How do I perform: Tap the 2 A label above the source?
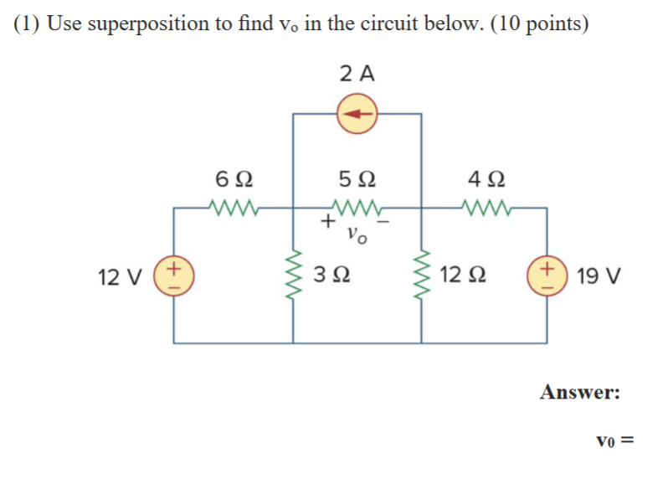[x=357, y=74]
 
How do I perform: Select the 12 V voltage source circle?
[x=173, y=276]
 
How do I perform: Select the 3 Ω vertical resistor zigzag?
[x=293, y=276]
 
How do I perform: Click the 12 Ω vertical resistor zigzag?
[x=421, y=276]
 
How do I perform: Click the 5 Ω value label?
[x=357, y=179]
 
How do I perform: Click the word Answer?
[x=580, y=391]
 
